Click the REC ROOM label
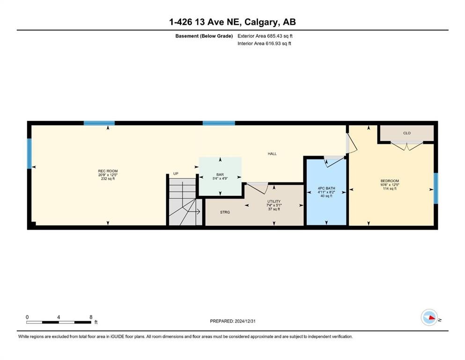point(108,171)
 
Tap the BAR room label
point(220,174)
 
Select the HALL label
point(272,154)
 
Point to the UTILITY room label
point(274,202)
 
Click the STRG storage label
point(225,212)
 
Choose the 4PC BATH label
point(326,188)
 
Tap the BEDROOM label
point(390,181)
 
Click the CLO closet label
point(407,133)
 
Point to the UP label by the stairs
point(176,173)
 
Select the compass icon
point(429,317)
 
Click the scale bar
point(59,322)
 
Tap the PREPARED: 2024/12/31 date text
point(232,321)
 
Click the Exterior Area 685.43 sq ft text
point(265,36)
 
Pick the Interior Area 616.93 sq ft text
point(264,43)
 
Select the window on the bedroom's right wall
point(435,188)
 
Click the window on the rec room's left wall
point(29,153)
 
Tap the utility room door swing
point(258,188)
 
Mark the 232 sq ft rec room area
point(108,179)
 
